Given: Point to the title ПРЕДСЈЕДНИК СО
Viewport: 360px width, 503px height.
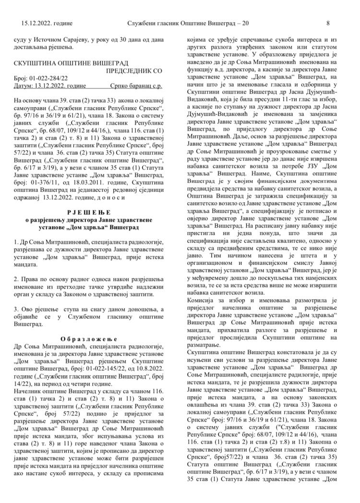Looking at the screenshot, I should coord(134,71).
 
